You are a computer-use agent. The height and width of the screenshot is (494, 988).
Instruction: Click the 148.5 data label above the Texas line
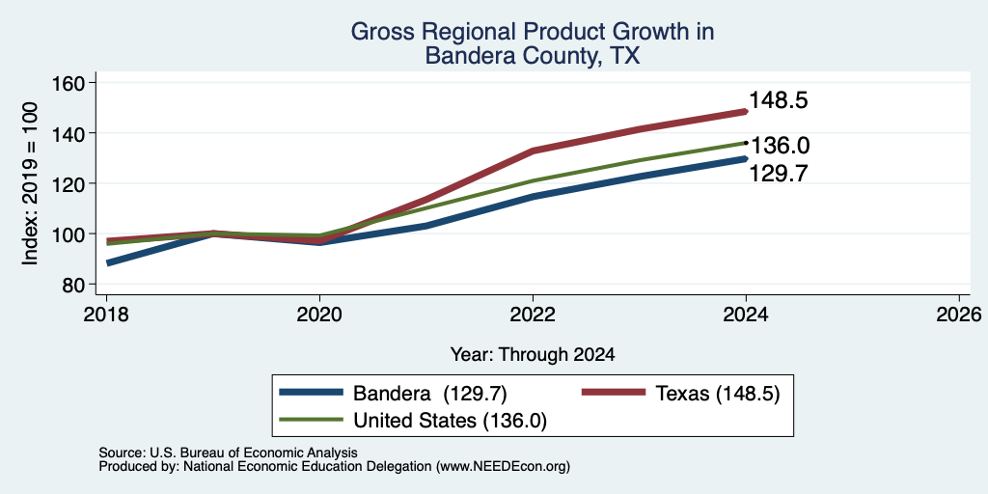pos(779,100)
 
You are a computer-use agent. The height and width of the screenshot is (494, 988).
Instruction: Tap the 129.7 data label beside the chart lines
pos(779,174)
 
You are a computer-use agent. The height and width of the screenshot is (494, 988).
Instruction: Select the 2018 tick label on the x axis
pos(106,314)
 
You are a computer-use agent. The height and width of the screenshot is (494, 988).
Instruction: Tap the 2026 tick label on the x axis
pos(959,314)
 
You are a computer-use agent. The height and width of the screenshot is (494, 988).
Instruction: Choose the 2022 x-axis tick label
pos(533,314)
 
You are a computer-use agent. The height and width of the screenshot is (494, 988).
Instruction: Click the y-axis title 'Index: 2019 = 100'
pos(30,183)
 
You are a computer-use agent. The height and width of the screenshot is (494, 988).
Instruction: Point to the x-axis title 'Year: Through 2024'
pos(533,355)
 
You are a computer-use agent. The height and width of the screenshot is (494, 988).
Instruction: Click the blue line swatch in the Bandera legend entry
pos(312,393)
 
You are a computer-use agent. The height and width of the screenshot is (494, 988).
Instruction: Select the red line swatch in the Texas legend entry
pos(613,393)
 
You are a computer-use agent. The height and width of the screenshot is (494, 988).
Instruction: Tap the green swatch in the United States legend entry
pos(312,420)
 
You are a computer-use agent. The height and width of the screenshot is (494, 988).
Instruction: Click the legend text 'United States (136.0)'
pos(450,421)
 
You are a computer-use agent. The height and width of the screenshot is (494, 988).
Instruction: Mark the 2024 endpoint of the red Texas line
pos(746,112)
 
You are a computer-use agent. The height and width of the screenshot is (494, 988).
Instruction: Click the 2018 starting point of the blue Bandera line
pos(108,262)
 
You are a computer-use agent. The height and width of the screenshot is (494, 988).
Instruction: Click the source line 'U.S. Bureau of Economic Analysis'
pos(254,453)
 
